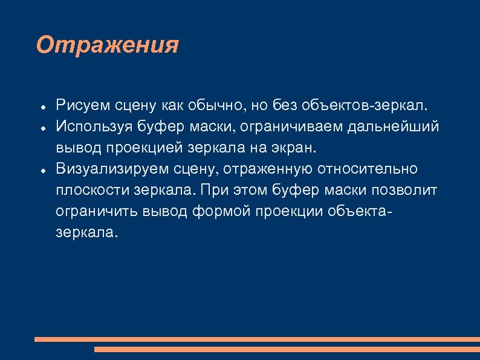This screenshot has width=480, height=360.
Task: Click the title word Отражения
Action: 107,45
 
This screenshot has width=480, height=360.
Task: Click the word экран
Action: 293,148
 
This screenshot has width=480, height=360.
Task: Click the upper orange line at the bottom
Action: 257,339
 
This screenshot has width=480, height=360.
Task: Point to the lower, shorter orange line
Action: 287,349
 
